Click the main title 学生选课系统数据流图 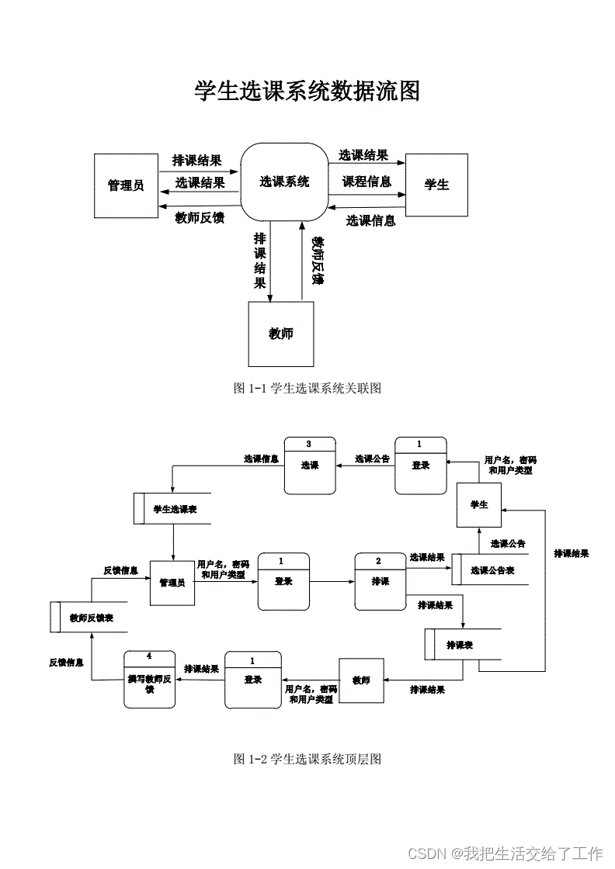(x=307, y=92)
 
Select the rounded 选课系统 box (x=283, y=182)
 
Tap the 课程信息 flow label (x=367, y=182)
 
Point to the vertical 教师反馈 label (x=317, y=261)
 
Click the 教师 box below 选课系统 (x=281, y=334)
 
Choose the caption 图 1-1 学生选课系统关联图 (x=307, y=388)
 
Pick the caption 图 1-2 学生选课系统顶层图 (x=307, y=759)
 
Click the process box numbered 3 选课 (x=310, y=466)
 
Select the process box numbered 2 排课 (x=380, y=581)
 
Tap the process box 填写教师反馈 (x=150, y=679)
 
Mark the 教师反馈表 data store (x=87, y=618)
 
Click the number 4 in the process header (x=149, y=656)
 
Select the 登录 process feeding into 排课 (x=283, y=581)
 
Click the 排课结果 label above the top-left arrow (x=196, y=161)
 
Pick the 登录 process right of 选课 (x=421, y=466)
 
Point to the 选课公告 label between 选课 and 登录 (x=372, y=459)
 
